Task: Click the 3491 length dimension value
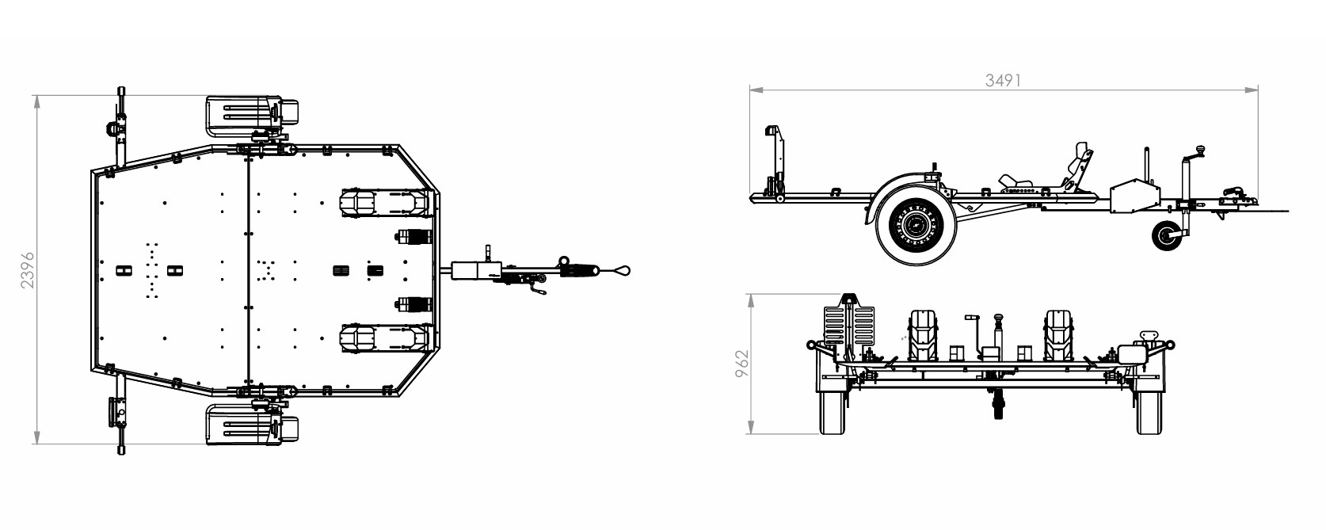pos(1003,80)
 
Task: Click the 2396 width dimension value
pos(28,271)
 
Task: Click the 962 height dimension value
pos(741,364)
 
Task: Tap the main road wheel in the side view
pos(916,223)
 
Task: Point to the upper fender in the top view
pos(252,114)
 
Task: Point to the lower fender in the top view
pos(252,424)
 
